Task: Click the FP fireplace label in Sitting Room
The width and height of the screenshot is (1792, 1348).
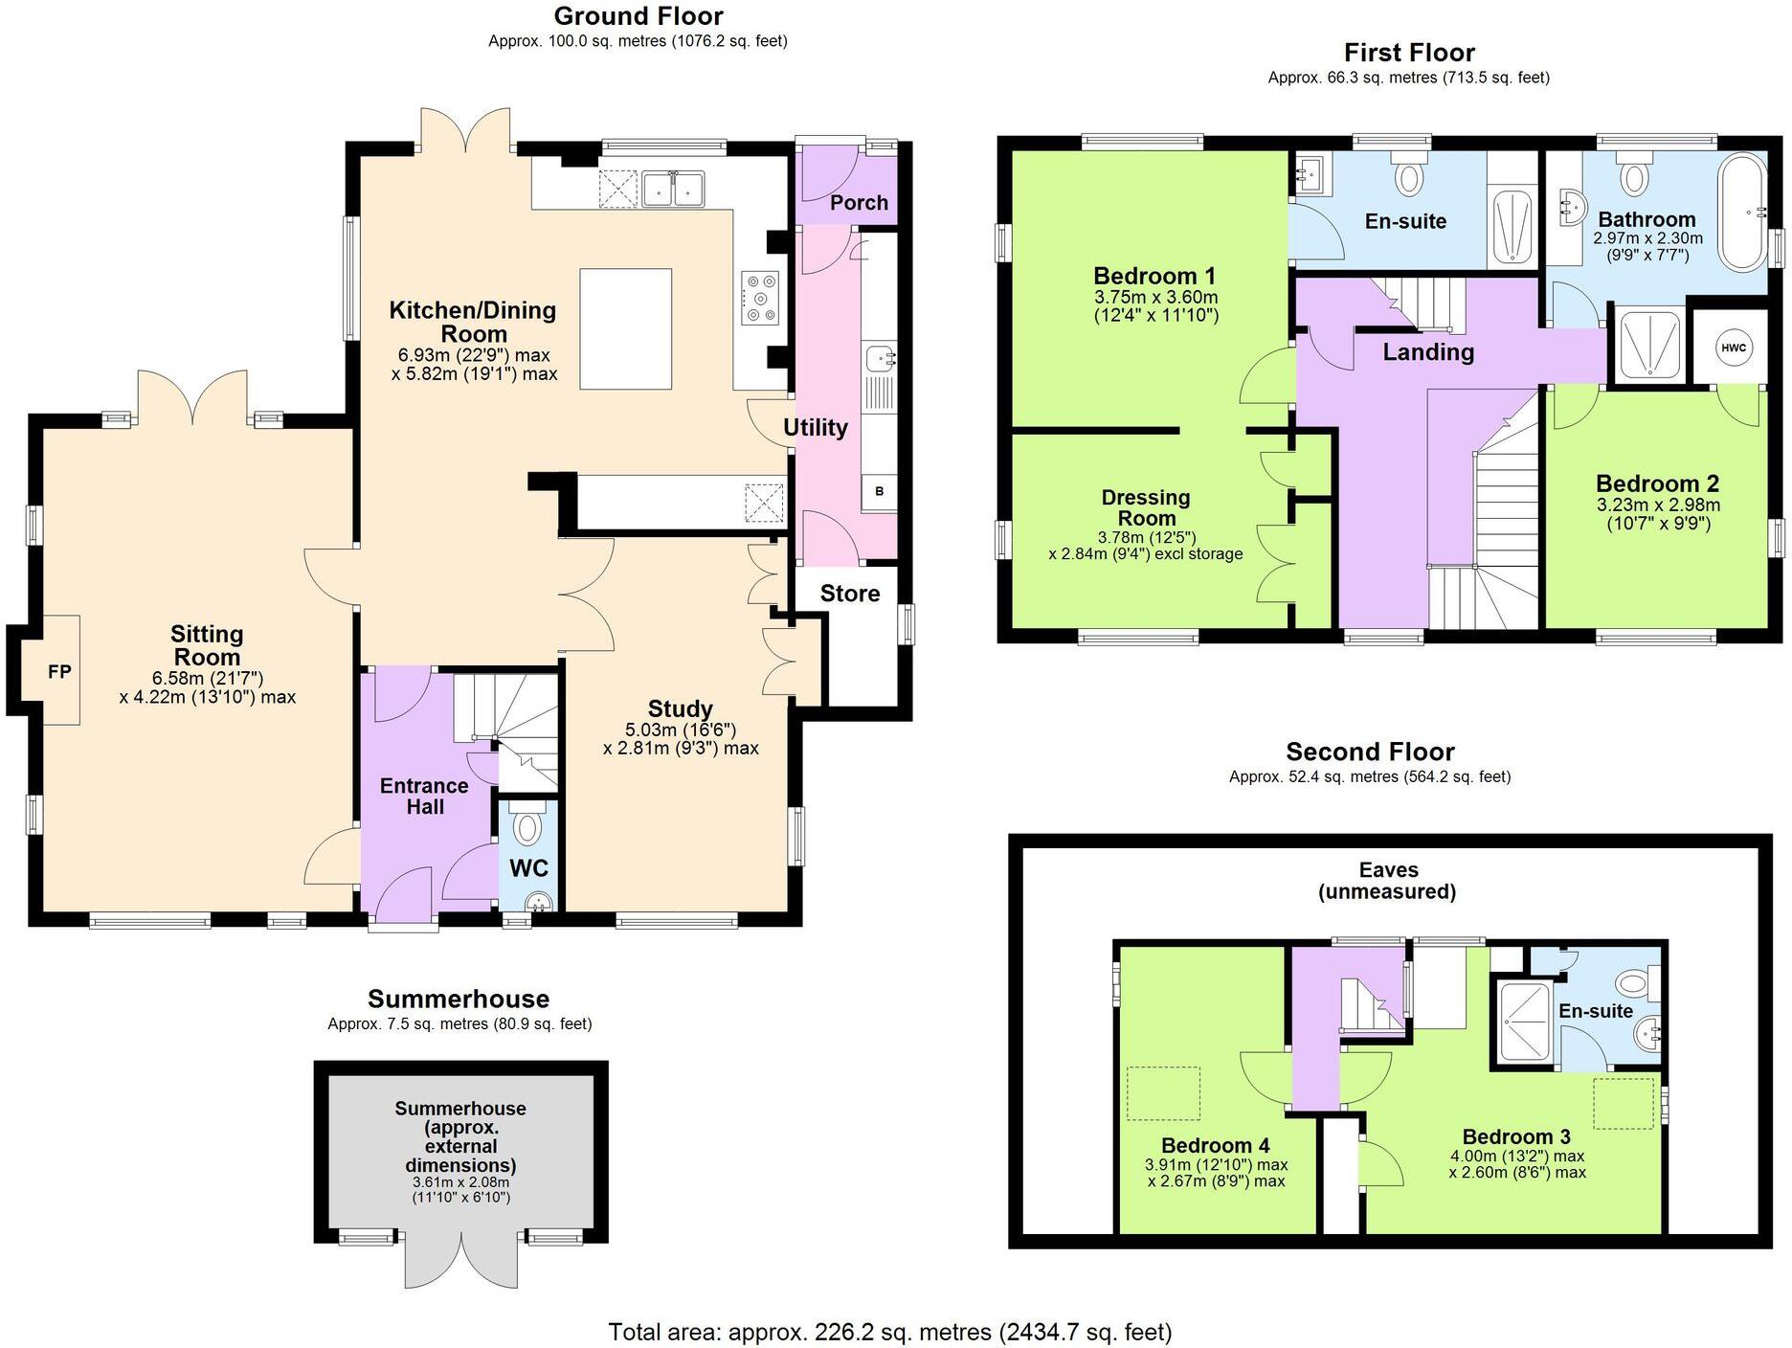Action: [x=59, y=671]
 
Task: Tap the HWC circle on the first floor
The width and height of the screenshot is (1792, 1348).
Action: [x=1733, y=348]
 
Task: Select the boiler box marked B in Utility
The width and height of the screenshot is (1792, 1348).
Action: [x=879, y=492]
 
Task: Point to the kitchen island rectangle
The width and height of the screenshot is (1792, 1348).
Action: [x=625, y=329]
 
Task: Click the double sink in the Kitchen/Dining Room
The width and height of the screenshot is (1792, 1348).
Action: [x=673, y=189]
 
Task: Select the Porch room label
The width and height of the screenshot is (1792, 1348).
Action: [x=859, y=202]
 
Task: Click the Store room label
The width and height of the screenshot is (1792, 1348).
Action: [x=850, y=594]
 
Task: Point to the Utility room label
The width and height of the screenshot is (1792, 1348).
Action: [x=816, y=428]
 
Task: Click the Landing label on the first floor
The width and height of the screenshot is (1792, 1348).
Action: [x=1428, y=352]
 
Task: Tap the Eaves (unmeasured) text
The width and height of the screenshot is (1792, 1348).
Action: [x=1388, y=881]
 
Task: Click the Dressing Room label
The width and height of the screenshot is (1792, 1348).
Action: [x=1146, y=507]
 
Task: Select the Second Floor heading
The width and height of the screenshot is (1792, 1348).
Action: [x=1370, y=752]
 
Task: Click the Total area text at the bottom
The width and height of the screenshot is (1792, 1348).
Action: [x=890, y=1332]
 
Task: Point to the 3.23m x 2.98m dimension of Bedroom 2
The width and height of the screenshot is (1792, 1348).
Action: [x=1658, y=505]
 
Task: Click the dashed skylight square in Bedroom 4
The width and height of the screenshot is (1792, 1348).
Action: [x=1163, y=1092]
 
